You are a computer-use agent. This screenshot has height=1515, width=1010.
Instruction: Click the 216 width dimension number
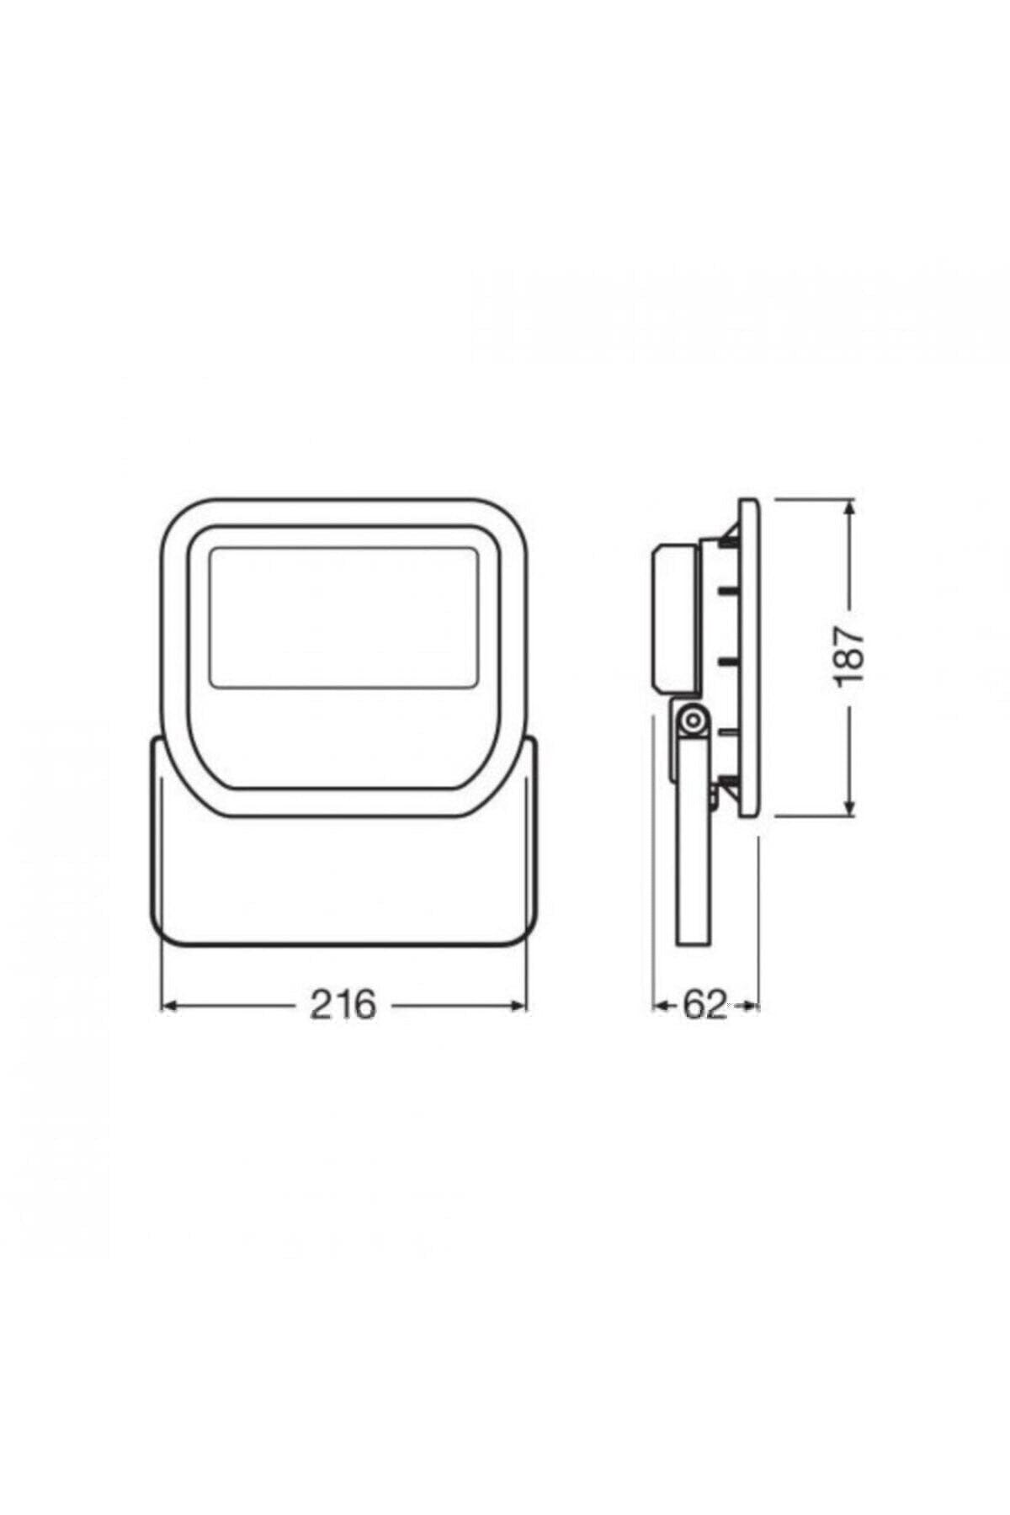tap(343, 1005)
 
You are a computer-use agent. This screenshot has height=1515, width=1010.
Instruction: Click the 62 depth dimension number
tap(704, 1005)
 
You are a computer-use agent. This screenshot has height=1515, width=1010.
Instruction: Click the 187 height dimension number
tap(850, 656)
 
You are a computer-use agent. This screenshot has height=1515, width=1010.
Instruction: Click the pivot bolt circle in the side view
tap(692, 720)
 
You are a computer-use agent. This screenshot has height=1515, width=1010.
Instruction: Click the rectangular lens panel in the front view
tap(343, 615)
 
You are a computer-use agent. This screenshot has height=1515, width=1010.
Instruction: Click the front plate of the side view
tap(748, 656)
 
